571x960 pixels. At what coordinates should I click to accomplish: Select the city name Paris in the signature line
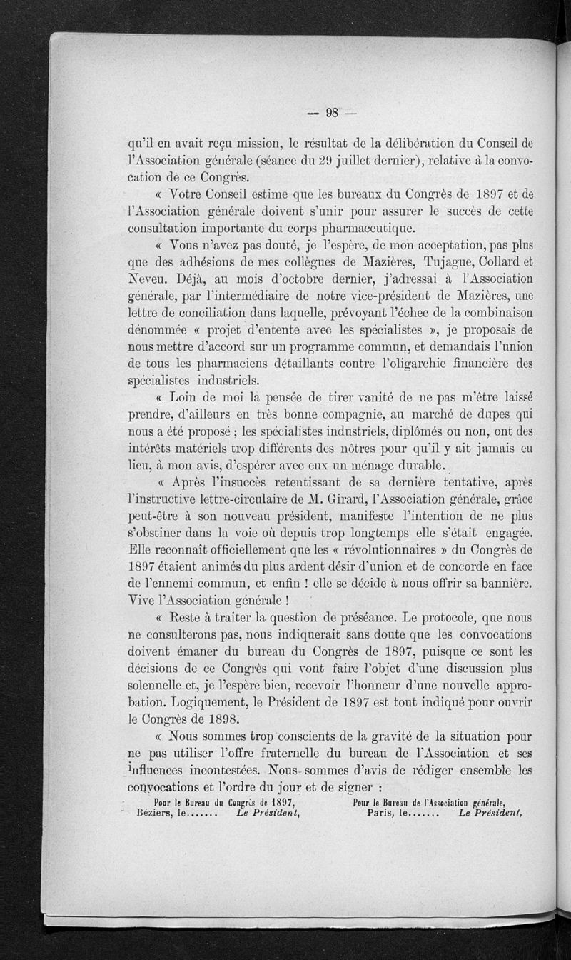380,814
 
